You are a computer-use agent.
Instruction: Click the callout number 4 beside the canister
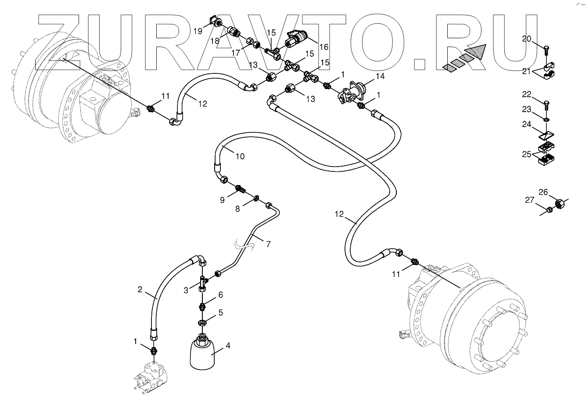pos(227,346)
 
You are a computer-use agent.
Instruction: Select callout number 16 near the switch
pos(324,47)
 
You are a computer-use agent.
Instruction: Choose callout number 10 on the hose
pos(240,156)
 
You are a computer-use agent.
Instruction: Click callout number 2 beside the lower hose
pos(140,289)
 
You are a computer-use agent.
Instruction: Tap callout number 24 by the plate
pos(527,124)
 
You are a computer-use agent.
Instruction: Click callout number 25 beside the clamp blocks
pos(527,154)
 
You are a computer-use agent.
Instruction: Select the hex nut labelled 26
pos(560,203)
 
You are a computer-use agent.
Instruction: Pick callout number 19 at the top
pos(198,31)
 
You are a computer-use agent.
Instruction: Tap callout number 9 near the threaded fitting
pos(222,200)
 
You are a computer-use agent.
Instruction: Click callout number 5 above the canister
pos(220,312)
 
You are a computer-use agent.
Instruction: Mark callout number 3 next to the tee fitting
pos(186,290)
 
